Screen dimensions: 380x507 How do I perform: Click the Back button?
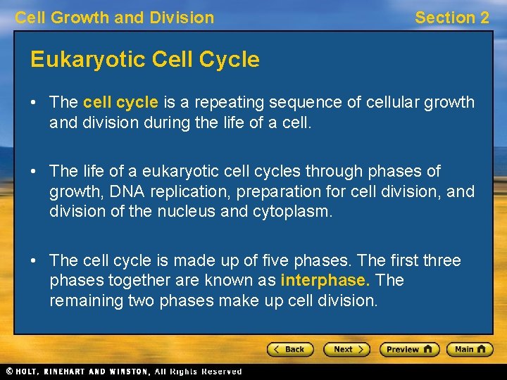tap(289, 349)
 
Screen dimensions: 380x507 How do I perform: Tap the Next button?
tap(346, 349)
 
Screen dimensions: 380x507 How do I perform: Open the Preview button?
tap(409, 349)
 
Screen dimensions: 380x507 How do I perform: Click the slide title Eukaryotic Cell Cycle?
tap(145, 60)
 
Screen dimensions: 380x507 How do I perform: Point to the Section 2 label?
tap(451, 18)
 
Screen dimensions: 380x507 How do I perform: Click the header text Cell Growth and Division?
tap(114, 18)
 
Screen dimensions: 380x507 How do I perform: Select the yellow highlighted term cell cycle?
tap(120, 102)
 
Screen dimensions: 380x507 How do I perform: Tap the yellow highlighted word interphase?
tap(325, 280)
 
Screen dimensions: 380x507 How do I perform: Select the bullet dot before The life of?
tap(35, 172)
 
